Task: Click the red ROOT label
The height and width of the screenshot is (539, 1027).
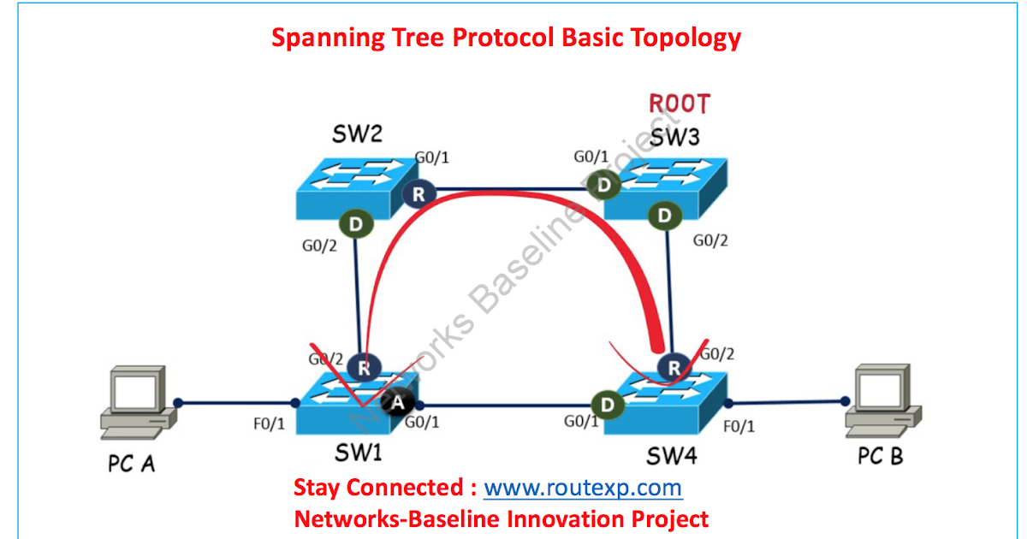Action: (x=679, y=104)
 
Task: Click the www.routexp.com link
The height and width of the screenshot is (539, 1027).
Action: (x=583, y=489)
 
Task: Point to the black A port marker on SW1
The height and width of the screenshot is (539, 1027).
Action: (x=398, y=402)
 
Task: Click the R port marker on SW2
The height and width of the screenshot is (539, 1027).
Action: (x=419, y=194)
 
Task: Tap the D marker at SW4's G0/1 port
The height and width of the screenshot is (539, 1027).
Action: (x=607, y=402)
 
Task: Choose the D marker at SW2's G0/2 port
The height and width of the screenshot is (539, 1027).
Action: (x=354, y=224)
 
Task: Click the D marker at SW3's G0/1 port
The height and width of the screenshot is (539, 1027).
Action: (x=607, y=185)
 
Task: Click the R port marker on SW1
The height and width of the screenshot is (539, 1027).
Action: (x=364, y=368)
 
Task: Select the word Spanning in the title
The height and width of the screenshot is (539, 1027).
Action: (x=321, y=38)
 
